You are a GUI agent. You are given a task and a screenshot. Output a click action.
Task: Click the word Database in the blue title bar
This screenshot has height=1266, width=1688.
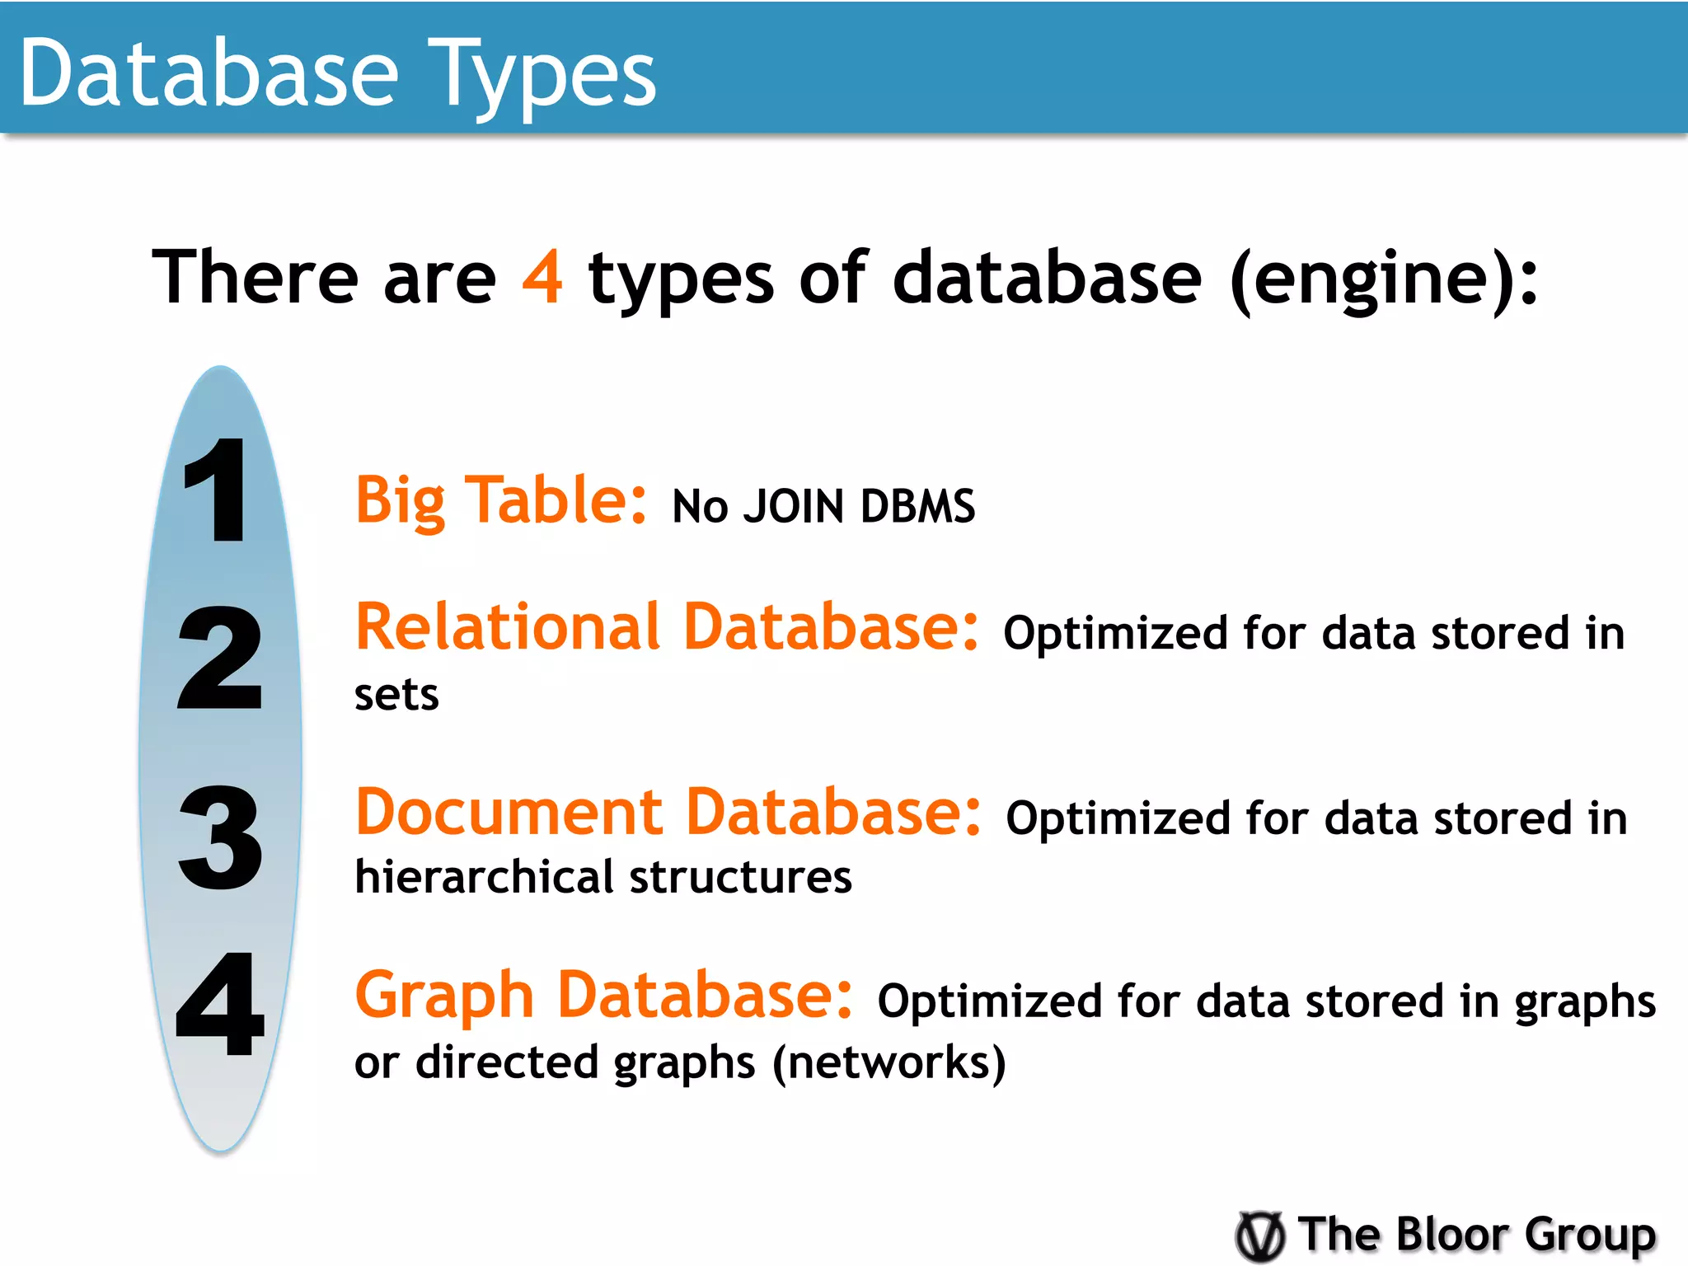click(x=209, y=74)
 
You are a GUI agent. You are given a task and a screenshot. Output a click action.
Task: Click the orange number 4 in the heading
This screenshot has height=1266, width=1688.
click(x=542, y=277)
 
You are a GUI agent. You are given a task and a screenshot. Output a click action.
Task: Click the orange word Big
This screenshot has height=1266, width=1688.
click(x=401, y=501)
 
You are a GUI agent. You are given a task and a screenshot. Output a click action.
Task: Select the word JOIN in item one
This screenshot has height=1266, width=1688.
click(x=794, y=506)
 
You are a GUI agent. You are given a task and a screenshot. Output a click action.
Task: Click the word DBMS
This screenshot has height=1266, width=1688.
click(x=917, y=506)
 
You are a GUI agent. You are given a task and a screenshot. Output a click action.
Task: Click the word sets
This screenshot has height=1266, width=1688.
click(x=396, y=695)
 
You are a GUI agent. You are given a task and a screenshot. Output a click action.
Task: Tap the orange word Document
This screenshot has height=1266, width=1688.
click(x=509, y=813)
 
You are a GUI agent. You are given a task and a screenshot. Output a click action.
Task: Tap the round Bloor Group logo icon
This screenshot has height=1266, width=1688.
click(x=1260, y=1236)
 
